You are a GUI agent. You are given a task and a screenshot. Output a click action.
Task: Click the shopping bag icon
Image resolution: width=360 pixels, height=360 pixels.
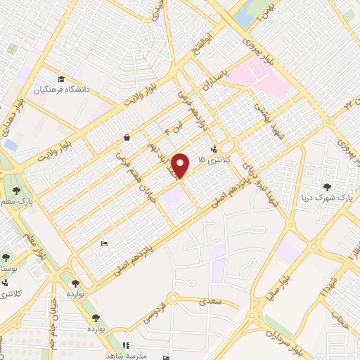coord(125,137)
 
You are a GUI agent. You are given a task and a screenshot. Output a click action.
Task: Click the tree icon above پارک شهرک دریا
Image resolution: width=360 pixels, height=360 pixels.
coord(327,187)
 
